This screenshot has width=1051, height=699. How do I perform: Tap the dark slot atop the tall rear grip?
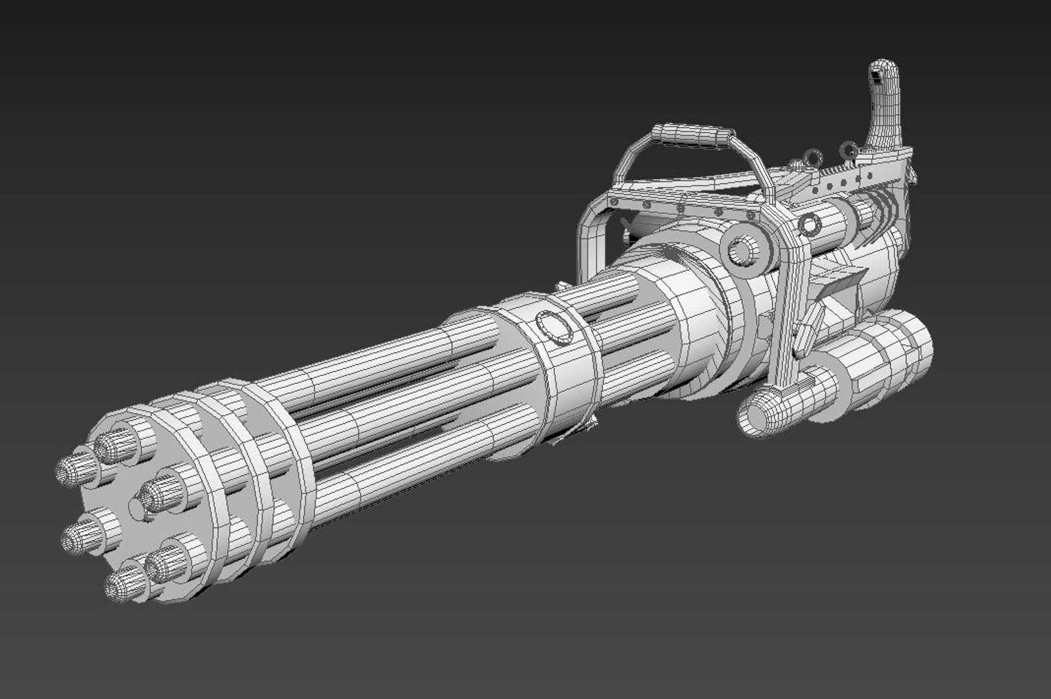point(876,76)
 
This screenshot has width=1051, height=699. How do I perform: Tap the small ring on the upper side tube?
point(810,225)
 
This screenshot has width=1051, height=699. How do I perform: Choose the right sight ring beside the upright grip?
point(848,151)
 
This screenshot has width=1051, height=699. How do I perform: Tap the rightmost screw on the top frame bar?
point(751,214)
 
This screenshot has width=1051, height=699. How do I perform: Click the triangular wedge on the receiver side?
point(841,285)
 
